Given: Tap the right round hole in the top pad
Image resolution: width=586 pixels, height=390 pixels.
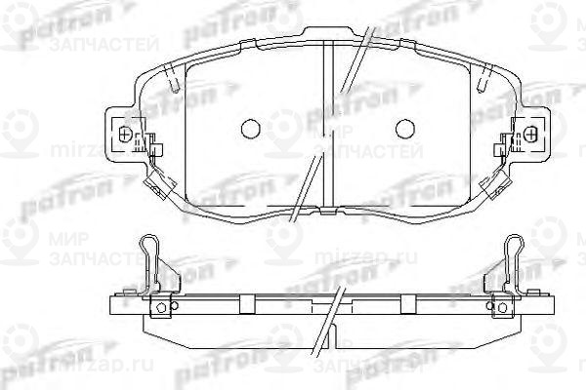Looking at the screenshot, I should click(x=404, y=127).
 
